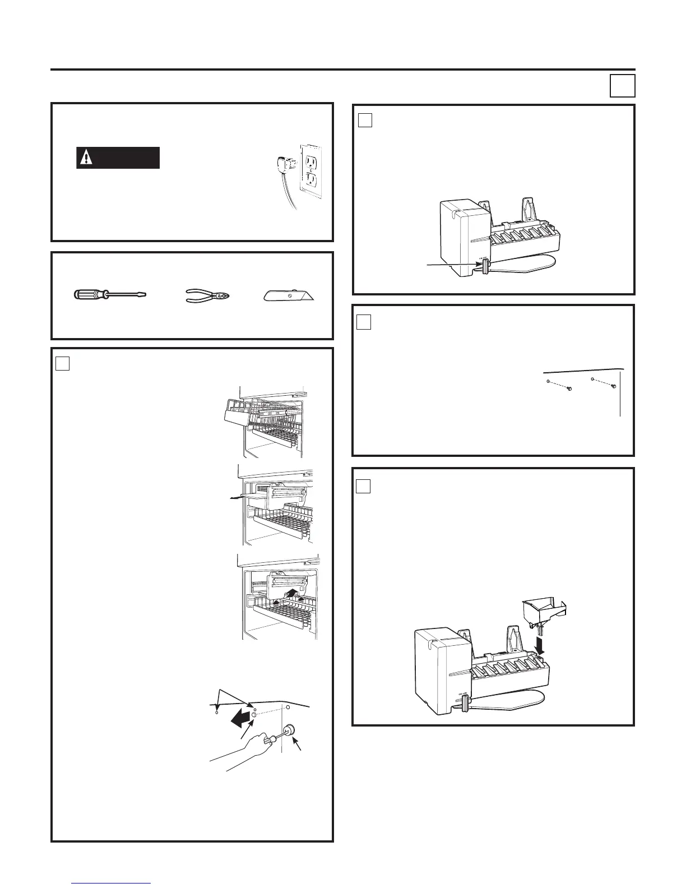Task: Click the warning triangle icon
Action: point(85,158)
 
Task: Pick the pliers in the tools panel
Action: point(207,295)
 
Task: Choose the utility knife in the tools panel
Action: point(289,294)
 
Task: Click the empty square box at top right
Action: point(622,86)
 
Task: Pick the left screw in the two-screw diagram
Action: point(568,389)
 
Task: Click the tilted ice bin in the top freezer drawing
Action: point(237,414)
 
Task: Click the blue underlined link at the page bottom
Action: point(112,882)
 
